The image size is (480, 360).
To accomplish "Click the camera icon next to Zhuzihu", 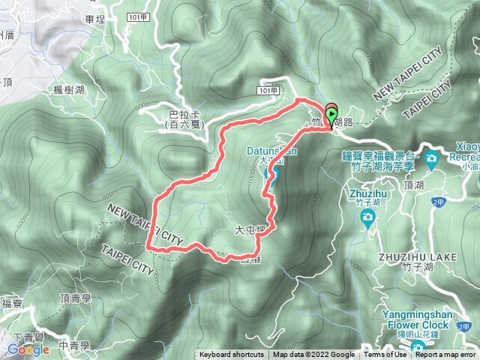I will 367,217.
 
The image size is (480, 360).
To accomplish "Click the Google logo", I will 28,349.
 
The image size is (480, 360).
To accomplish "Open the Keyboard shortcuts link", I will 232,355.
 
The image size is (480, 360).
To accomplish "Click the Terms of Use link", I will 386,355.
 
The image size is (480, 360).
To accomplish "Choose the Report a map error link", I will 446,355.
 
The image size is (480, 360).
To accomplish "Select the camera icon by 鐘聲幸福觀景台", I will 432,158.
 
